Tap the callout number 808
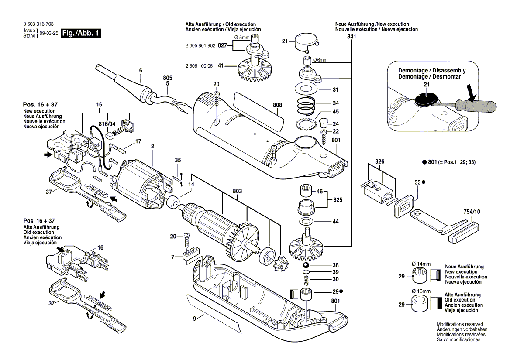[x=277, y=105]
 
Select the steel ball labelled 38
[x=307, y=265]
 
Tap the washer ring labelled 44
[x=307, y=222]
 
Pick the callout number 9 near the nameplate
[x=194, y=318]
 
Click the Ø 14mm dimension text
[x=421, y=264]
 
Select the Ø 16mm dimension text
[x=421, y=291]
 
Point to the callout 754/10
[x=471, y=212]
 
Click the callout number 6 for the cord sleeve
[x=140, y=70]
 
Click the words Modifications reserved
[x=460, y=324]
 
